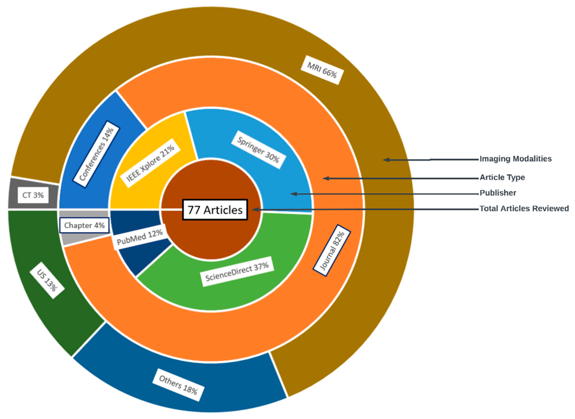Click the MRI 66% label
(322, 70)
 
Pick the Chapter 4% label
(84, 225)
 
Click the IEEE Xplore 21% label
(150, 163)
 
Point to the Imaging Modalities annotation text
(515, 159)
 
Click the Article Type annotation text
(502, 177)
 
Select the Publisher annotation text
(498, 193)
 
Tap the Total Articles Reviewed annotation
(524, 209)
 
